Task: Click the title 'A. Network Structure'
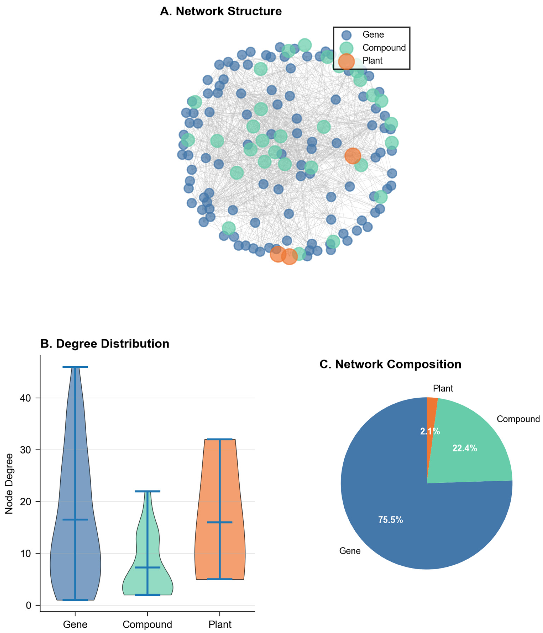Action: [221, 11]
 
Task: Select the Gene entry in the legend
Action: [373, 35]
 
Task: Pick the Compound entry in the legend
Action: [384, 48]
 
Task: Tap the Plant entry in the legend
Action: [372, 61]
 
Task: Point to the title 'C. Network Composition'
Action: [390, 364]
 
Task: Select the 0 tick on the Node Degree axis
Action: [28, 605]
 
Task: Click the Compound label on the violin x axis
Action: [147, 624]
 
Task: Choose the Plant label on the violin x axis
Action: [220, 624]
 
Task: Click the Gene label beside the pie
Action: [350, 551]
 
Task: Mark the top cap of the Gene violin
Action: [75, 367]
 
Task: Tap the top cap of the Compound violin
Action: [147, 491]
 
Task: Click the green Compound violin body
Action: [153, 581]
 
